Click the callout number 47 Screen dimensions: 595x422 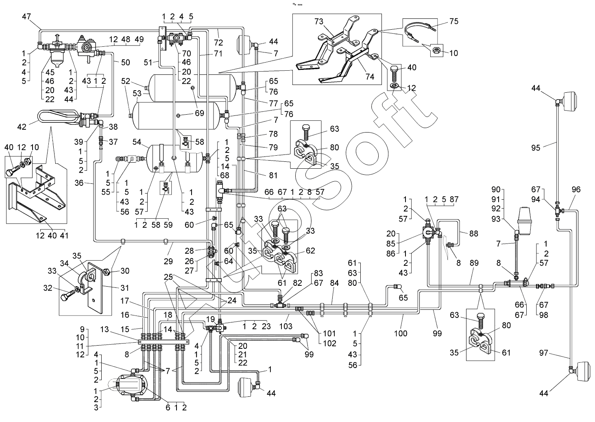pyautogui.click(x=26, y=17)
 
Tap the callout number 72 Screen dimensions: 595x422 pyautogui.click(x=218, y=43)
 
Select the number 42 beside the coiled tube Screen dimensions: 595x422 pyautogui.click(x=22, y=127)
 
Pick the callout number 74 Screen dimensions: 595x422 pyautogui.click(x=370, y=77)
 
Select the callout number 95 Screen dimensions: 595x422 pyautogui.click(x=536, y=148)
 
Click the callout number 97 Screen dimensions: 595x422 pyautogui.click(x=544, y=353)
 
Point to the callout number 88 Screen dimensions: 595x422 pyautogui.click(x=474, y=233)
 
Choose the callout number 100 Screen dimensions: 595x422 pyautogui.click(x=401, y=333)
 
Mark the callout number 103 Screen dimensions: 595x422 pyautogui.click(x=286, y=326)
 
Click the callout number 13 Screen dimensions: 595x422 pyautogui.click(x=105, y=329)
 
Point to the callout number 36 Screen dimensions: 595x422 pyautogui.click(x=79, y=183)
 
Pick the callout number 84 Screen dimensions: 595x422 pyautogui.click(x=334, y=283)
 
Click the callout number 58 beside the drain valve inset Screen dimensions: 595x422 pyautogui.click(x=199, y=141)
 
